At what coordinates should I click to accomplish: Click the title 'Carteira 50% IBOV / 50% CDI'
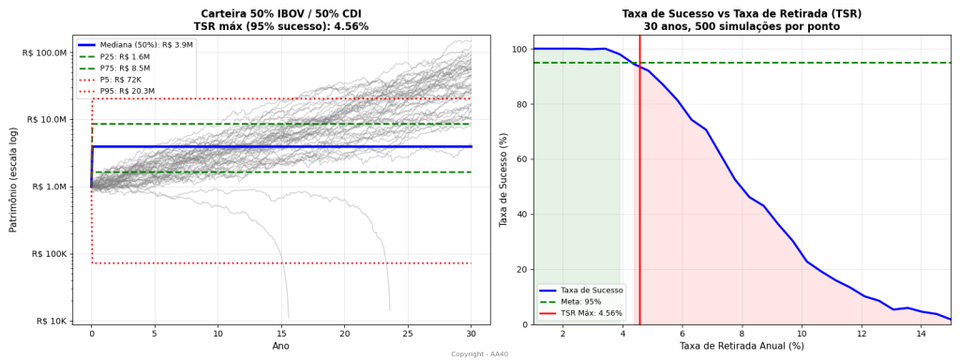pyautogui.click(x=281, y=13)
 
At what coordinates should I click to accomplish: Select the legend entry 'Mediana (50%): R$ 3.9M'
pyautogui.click(x=146, y=45)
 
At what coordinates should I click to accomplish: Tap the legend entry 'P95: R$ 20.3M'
pyautogui.click(x=127, y=91)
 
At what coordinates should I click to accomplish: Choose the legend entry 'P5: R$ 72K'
pyautogui.click(x=121, y=80)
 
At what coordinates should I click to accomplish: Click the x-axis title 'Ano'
pyautogui.click(x=281, y=347)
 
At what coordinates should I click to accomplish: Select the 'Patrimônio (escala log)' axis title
pyautogui.click(x=13, y=180)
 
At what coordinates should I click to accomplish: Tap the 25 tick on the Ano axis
pyautogui.click(x=408, y=333)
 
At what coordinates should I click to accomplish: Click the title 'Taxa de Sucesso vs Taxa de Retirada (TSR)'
pyautogui.click(x=742, y=13)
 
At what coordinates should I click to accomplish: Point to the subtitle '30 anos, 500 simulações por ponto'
pyautogui.click(x=742, y=26)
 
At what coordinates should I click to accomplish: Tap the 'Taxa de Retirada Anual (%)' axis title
pyautogui.click(x=742, y=347)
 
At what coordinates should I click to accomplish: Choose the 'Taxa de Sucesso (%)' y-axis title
pyautogui.click(x=502, y=180)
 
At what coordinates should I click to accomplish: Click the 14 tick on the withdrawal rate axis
pyautogui.click(x=922, y=333)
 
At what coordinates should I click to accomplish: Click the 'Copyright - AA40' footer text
pyautogui.click(x=479, y=354)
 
